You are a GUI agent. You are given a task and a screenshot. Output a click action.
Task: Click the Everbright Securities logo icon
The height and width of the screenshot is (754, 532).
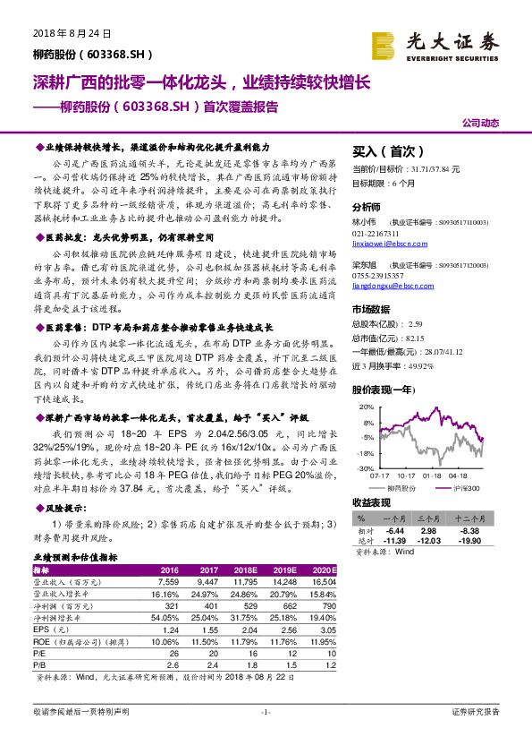383,43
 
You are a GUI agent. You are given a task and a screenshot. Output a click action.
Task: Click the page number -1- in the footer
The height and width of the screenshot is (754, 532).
266,711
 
